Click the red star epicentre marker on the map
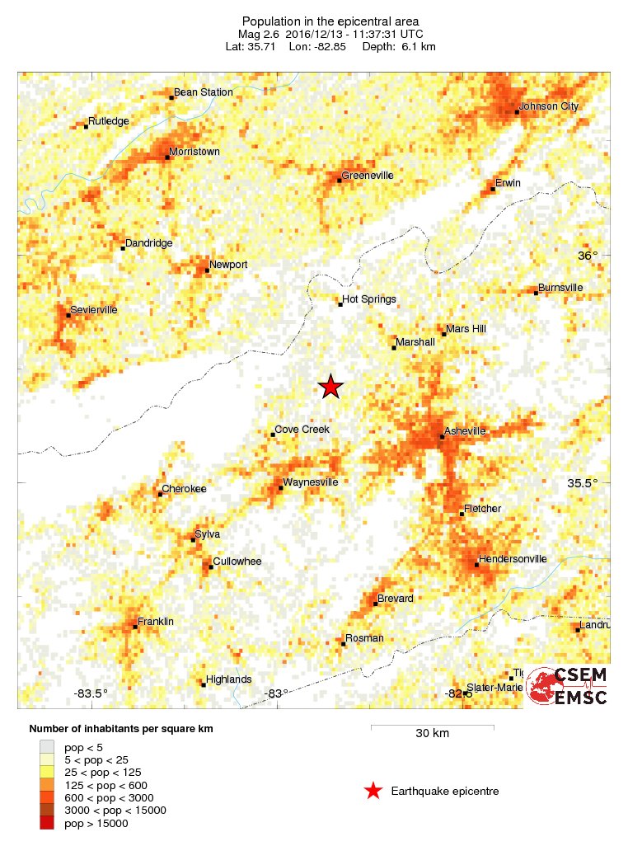(330, 387)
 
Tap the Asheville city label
(465, 431)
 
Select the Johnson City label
(549, 106)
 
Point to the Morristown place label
(194, 152)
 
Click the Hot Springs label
(369, 299)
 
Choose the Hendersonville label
(513, 559)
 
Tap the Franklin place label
(156, 622)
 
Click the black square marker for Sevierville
(68, 315)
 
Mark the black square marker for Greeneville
(340, 180)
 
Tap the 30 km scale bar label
(432, 734)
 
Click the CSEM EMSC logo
(568, 687)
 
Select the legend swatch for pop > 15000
(46, 823)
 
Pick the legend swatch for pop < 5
(46, 746)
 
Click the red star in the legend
(373, 792)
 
